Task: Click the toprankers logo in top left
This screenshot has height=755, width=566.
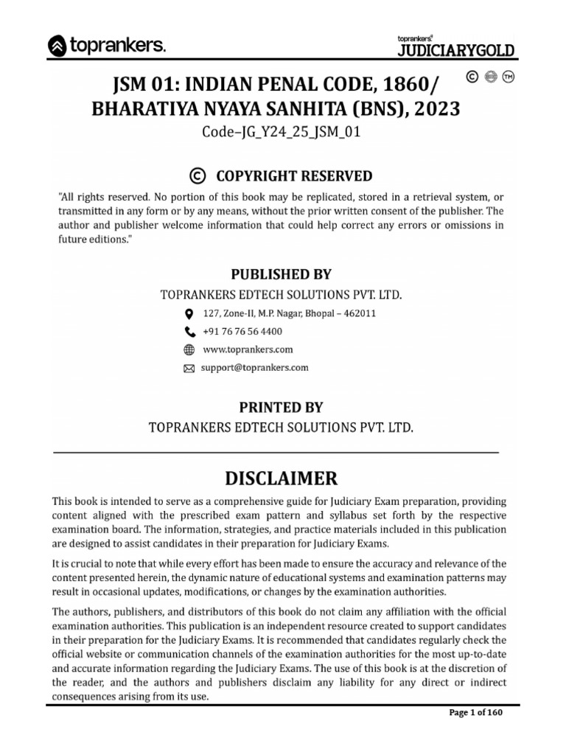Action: [107, 46]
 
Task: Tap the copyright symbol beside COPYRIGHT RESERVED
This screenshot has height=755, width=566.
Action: [197, 175]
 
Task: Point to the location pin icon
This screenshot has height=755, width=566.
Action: [189, 313]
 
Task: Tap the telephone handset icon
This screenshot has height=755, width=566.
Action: [189, 332]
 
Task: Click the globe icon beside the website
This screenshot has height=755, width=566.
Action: [189, 349]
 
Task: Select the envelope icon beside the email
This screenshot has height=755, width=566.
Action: [189, 368]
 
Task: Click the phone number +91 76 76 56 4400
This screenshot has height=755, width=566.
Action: [242, 332]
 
